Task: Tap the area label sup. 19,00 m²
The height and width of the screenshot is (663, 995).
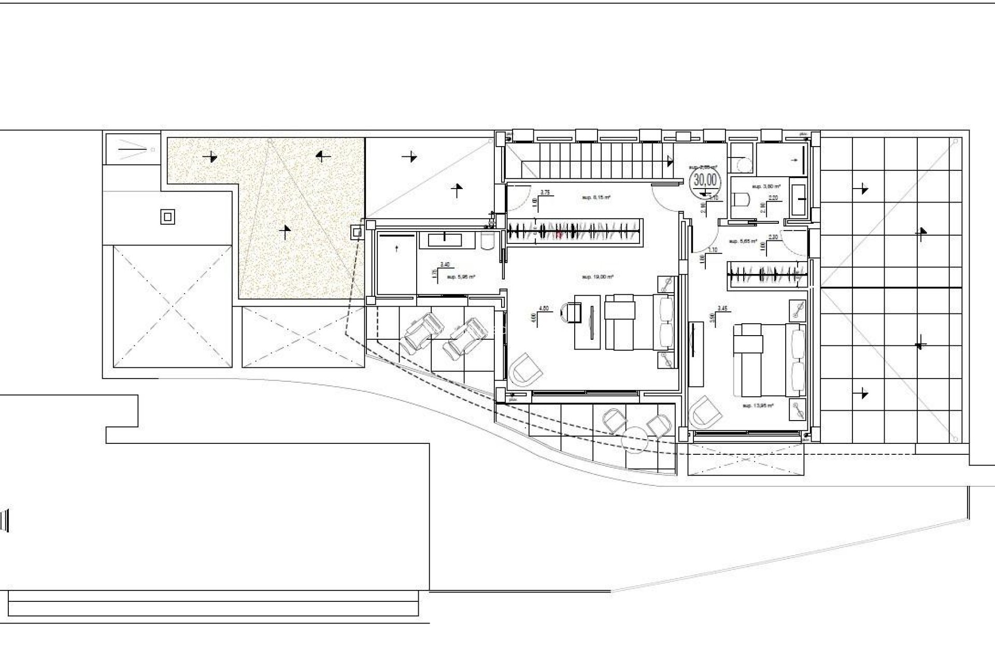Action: coord(598,277)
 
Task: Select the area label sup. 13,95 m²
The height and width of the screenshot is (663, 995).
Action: coord(758,406)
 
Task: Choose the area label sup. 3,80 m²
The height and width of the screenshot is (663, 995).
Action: coord(766,185)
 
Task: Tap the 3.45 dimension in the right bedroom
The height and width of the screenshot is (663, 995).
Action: coord(722,308)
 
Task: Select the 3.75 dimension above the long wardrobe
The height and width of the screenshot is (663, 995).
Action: coord(545,192)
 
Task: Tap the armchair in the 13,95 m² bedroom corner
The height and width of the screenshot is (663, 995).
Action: coord(705,412)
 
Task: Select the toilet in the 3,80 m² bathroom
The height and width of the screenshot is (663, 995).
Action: coord(743,199)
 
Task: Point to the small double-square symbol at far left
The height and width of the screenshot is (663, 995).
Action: coord(167,217)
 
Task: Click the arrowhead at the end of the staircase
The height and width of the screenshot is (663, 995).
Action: coord(671,161)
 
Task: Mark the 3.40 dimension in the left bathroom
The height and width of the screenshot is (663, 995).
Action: coord(445,265)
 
